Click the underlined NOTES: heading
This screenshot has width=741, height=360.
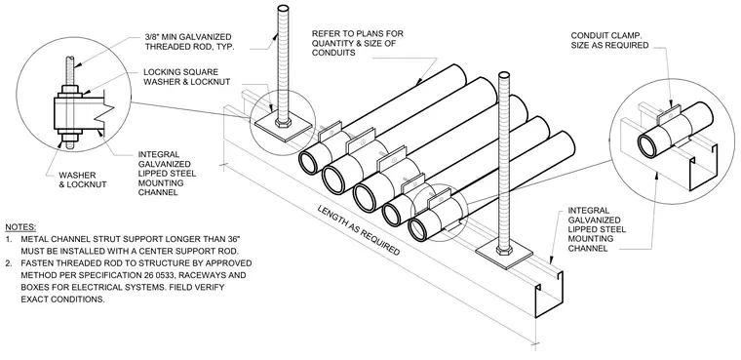click(20, 227)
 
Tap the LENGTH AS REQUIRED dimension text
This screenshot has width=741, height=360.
click(358, 230)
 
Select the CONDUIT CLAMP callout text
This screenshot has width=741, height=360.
click(609, 41)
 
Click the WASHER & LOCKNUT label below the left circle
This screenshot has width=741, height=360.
click(83, 180)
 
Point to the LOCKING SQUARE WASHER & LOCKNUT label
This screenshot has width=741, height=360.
click(186, 77)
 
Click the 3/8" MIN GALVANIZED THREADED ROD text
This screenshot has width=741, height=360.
click(188, 42)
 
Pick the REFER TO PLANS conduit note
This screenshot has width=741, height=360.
click(358, 43)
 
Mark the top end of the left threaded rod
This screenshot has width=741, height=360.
click(283, 9)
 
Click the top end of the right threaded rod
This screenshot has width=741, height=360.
click(504, 76)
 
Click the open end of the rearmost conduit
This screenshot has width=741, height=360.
click(309, 163)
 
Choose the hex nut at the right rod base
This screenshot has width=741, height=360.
click(504, 249)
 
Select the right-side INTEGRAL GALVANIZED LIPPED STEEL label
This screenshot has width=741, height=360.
click(597, 229)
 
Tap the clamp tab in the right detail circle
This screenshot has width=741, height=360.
click(668, 110)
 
